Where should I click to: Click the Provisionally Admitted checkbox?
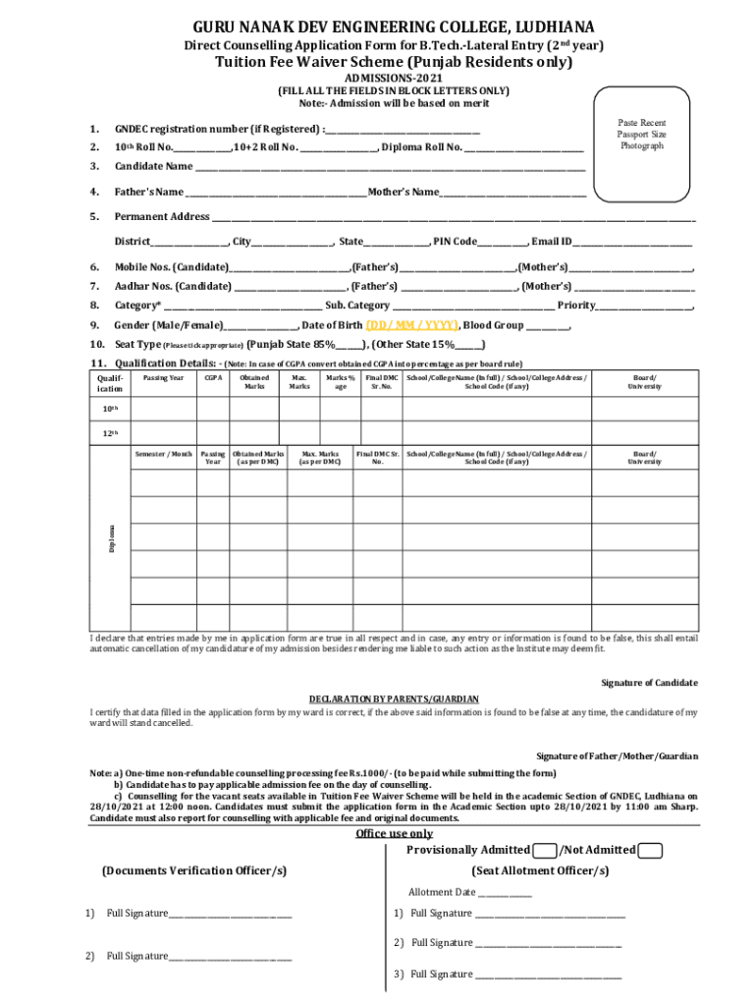click(x=545, y=851)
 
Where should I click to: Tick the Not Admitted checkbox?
click(x=649, y=851)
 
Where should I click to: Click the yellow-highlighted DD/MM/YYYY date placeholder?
click(x=411, y=325)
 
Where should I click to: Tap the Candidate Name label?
click(x=153, y=166)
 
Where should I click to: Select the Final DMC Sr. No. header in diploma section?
click(x=377, y=458)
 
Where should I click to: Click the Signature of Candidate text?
click(x=649, y=683)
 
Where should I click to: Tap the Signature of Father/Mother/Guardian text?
click(x=617, y=756)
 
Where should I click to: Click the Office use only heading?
click(x=394, y=834)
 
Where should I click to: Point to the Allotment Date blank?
click(x=504, y=893)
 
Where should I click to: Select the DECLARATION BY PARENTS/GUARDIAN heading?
click(x=394, y=699)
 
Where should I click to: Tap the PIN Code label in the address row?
click(x=456, y=242)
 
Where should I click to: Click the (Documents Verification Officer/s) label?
click(x=194, y=870)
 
